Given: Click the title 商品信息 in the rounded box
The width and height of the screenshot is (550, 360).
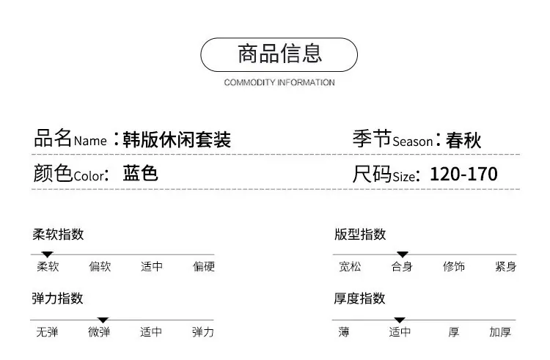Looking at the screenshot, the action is tap(279, 54).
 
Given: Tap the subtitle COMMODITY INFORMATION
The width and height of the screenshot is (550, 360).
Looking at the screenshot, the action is tap(279, 82).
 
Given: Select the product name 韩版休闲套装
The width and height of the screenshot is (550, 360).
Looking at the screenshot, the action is tap(177, 139).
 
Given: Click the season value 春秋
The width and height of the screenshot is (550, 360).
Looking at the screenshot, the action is tap(463, 140).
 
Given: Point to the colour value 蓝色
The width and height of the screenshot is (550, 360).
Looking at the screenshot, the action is tap(140, 173).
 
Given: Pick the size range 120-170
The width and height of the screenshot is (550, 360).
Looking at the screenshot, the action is tap(463, 174).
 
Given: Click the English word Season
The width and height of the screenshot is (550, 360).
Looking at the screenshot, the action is tap(412, 142).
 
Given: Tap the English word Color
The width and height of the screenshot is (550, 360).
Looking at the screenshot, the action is tap(89, 176).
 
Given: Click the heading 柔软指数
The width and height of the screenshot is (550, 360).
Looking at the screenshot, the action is tap(58, 234).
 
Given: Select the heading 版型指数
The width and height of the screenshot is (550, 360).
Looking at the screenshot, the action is tap(360, 234).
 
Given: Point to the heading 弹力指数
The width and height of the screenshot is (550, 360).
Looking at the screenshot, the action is tap(57, 298).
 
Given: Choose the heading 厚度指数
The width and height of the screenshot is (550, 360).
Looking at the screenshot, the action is tap(359, 298).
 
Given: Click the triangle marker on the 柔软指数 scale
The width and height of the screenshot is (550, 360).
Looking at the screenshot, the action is tap(47, 254).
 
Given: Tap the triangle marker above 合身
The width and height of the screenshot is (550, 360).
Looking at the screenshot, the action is tap(403, 254).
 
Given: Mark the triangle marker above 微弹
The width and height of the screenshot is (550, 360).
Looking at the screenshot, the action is tap(103, 320).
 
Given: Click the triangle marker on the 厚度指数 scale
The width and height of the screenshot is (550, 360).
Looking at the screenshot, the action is tap(400, 320).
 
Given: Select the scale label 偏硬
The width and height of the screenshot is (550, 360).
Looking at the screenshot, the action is tap(203, 266).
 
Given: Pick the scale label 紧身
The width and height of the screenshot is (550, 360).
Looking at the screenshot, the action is tap(505, 266).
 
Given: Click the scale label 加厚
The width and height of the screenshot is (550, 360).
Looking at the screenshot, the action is tap(500, 331).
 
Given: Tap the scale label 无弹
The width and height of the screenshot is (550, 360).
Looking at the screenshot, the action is tap(47, 331).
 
